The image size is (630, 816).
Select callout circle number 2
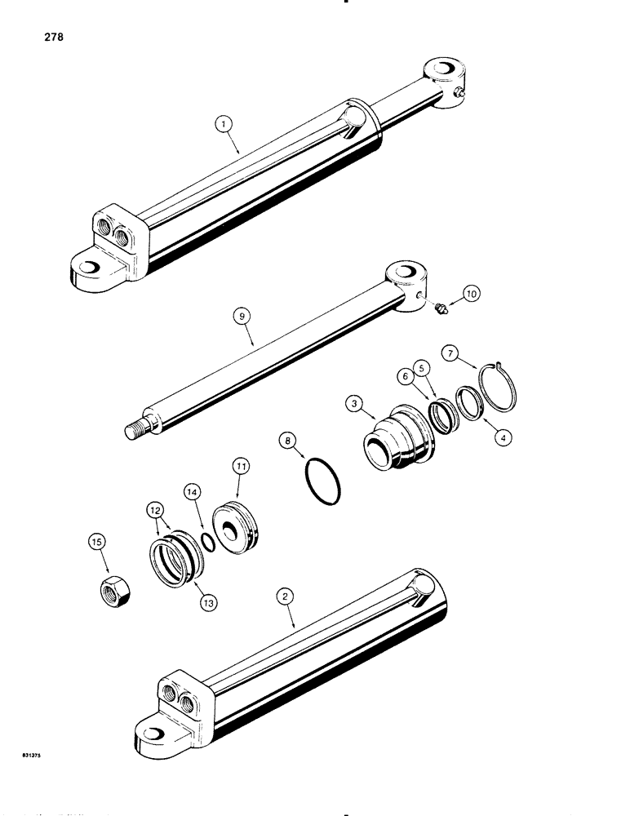pos(285,597)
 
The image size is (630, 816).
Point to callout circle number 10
pos(472,293)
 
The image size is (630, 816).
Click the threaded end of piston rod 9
pos(138,428)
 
